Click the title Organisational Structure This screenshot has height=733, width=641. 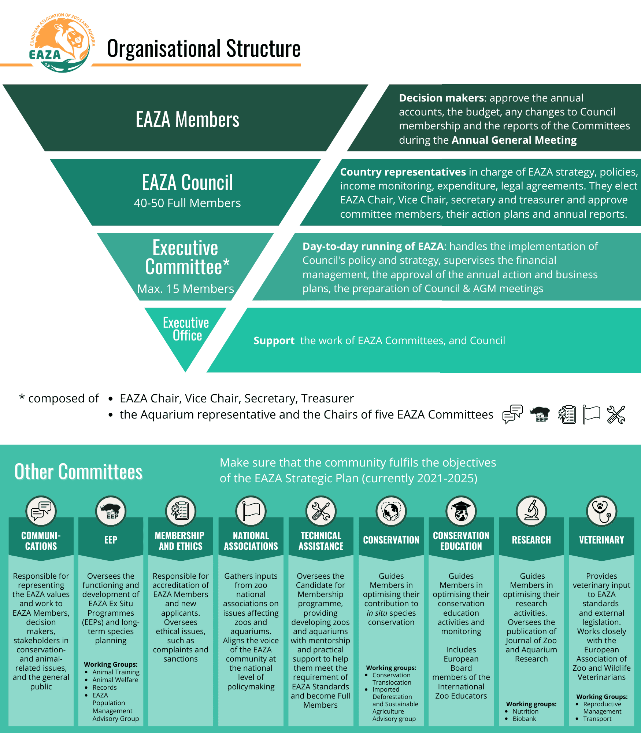click(x=203, y=49)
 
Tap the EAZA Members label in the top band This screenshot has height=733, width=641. click(x=187, y=119)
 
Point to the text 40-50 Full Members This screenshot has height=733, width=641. click(x=187, y=203)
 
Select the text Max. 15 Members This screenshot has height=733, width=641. click(x=185, y=289)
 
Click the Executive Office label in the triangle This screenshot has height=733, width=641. click(x=186, y=329)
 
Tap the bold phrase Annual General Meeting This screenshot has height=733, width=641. click(x=514, y=140)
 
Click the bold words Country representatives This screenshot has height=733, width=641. click(x=403, y=172)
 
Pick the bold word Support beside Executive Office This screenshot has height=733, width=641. click(x=274, y=341)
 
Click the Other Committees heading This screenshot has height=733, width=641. click(x=78, y=472)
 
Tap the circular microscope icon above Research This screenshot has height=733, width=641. click(x=531, y=511)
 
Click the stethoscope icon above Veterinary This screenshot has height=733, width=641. click(x=601, y=511)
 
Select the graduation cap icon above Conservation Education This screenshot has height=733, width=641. click(x=461, y=511)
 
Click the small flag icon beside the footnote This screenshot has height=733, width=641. click(x=591, y=415)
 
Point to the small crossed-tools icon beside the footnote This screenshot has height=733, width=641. click(x=616, y=415)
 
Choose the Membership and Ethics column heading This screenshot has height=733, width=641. click(x=180, y=541)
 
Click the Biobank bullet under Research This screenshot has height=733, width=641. click(x=524, y=719)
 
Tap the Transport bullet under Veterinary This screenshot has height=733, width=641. click(x=597, y=719)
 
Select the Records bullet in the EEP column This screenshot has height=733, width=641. click(x=104, y=688)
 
